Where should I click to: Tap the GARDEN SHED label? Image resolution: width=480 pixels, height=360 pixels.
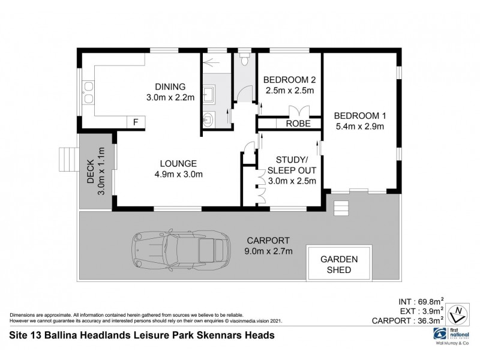(338, 265)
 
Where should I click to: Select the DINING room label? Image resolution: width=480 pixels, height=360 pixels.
(170, 86)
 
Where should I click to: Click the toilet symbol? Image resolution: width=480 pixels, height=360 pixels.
(244, 61)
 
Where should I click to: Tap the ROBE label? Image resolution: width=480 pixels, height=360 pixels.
(298, 124)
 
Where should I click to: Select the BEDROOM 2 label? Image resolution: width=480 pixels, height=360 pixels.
(290, 80)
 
